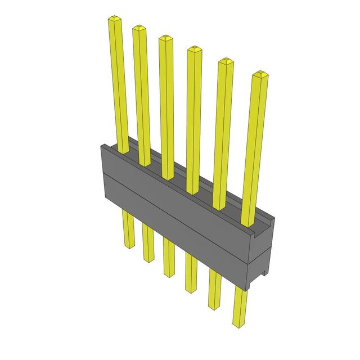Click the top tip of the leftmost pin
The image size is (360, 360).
pyautogui.click(x=115, y=19)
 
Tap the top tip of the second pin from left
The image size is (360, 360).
pyautogui.click(x=139, y=28)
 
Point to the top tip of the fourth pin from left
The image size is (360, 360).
pyautogui.click(x=194, y=49)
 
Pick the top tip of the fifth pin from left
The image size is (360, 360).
pyautogui.click(x=225, y=61)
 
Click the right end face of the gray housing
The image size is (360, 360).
pyautogui.click(x=262, y=253)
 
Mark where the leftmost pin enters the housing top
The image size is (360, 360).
pyautogui.click(x=123, y=151)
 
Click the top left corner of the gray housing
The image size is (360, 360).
pyautogui.click(x=102, y=146)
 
